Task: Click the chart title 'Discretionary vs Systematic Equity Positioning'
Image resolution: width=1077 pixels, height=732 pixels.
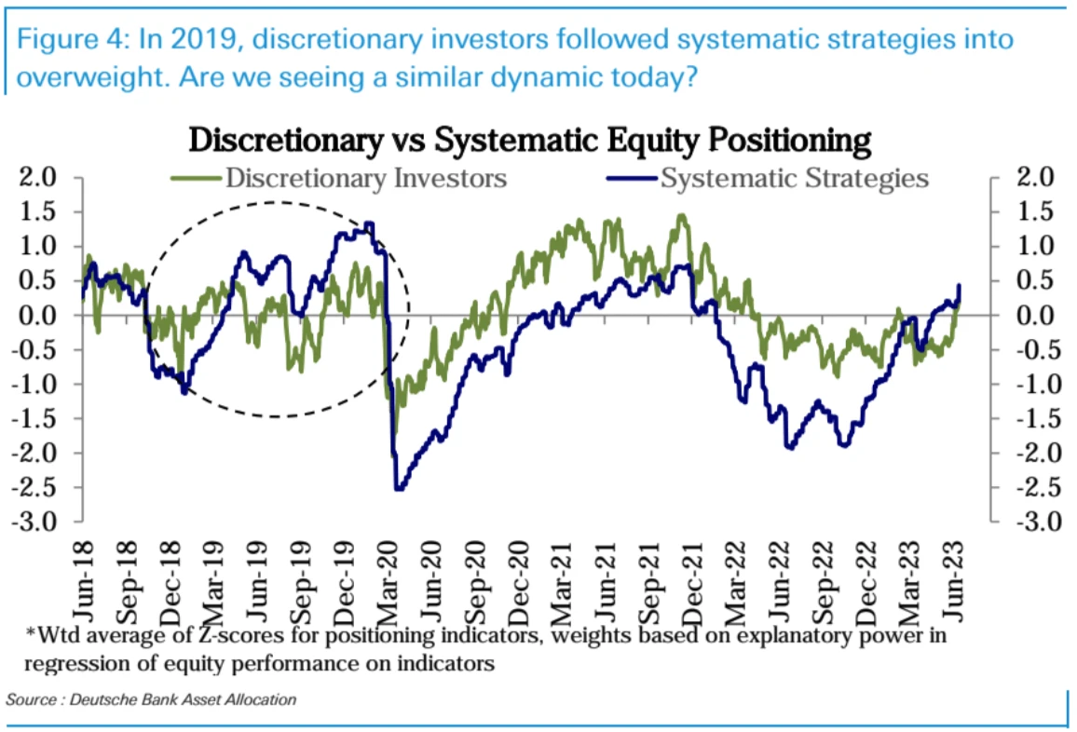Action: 530,141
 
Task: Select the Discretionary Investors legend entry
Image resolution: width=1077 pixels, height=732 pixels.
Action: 365,177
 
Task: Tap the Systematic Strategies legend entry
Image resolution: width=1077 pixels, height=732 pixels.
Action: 794,177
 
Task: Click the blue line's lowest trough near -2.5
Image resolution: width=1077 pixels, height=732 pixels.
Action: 400,489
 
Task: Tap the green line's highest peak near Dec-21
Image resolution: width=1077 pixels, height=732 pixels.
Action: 682,215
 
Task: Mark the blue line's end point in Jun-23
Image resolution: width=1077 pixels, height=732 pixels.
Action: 960,286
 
